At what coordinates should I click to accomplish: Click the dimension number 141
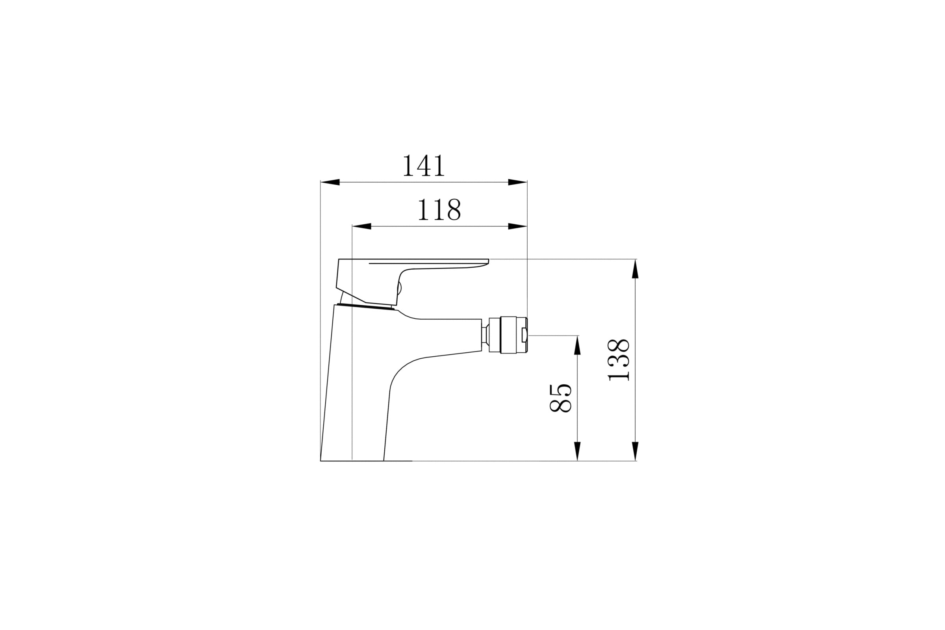click(424, 165)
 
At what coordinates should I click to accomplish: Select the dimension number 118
click(439, 209)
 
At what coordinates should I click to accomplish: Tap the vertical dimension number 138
click(618, 359)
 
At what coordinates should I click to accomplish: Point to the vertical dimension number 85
click(560, 398)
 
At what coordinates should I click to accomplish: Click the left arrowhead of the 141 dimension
click(330, 182)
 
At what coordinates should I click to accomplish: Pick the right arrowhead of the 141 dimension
click(517, 182)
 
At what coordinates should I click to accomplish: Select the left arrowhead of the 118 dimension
click(361, 226)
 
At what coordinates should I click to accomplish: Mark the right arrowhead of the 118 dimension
click(517, 226)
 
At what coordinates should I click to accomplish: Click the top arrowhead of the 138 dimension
click(635, 269)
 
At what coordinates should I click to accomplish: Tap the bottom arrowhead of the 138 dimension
click(635, 451)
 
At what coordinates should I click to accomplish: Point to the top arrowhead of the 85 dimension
click(577, 346)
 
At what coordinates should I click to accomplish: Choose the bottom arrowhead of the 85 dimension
click(577, 451)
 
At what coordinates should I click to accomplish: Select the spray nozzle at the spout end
click(508, 335)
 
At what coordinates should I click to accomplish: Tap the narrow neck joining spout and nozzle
click(485, 335)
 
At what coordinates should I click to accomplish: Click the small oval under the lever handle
click(399, 289)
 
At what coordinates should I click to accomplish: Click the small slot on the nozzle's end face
click(524, 335)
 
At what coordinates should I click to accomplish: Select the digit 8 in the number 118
click(454, 209)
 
